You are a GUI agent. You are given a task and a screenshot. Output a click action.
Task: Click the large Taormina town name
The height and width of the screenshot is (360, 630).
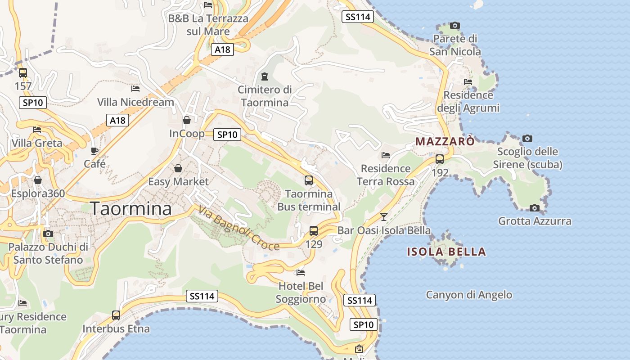click(x=131, y=209)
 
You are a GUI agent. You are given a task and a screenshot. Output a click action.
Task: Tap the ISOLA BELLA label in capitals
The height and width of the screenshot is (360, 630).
click(x=446, y=252)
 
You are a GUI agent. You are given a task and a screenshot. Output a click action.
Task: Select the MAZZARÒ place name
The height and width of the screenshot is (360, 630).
click(x=445, y=141)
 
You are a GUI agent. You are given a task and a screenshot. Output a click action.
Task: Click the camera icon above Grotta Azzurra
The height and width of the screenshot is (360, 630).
click(x=535, y=208)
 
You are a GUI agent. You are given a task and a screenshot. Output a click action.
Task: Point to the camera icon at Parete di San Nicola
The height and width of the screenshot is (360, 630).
click(x=455, y=26)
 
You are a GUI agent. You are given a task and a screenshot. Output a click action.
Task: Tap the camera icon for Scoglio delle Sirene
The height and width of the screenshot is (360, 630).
click(x=527, y=138)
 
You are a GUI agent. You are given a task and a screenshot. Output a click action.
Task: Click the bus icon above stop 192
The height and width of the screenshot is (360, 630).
click(x=440, y=159)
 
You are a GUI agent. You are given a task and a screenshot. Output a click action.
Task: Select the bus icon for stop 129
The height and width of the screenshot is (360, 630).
click(x=314, y=231)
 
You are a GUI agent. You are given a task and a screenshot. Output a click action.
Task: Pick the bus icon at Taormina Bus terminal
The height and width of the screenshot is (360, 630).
click(x=309, y=180)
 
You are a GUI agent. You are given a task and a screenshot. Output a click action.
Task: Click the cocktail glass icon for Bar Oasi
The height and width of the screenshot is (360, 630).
click(x=383, y=217)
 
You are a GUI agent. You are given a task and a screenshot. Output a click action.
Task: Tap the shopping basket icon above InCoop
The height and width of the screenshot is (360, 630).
click(x=187, y=120)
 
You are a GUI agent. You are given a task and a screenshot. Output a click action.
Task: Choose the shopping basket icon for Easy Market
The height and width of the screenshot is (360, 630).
click(x=178, y=168)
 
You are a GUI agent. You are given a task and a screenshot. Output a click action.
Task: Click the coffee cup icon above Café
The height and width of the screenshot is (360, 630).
click(x=94, y=151)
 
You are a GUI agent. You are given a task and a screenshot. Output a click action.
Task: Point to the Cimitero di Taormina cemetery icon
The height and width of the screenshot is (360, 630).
click(x=264, y=76)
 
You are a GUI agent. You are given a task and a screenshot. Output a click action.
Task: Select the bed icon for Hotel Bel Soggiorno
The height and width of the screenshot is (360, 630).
click(x=301, y=273)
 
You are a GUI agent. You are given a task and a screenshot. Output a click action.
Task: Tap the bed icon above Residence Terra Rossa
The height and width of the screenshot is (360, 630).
click(x=386, y=155)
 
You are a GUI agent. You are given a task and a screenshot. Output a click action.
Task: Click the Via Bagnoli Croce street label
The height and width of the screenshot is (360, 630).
click(x=239, y=227)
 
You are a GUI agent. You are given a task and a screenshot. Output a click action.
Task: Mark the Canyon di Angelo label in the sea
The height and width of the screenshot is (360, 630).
click(x=469, y=295)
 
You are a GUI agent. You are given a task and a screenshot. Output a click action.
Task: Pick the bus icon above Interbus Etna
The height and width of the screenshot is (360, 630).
click(x=116, y=315)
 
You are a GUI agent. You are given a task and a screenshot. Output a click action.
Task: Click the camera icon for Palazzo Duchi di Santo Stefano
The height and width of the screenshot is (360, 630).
click(x=48, y=234)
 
